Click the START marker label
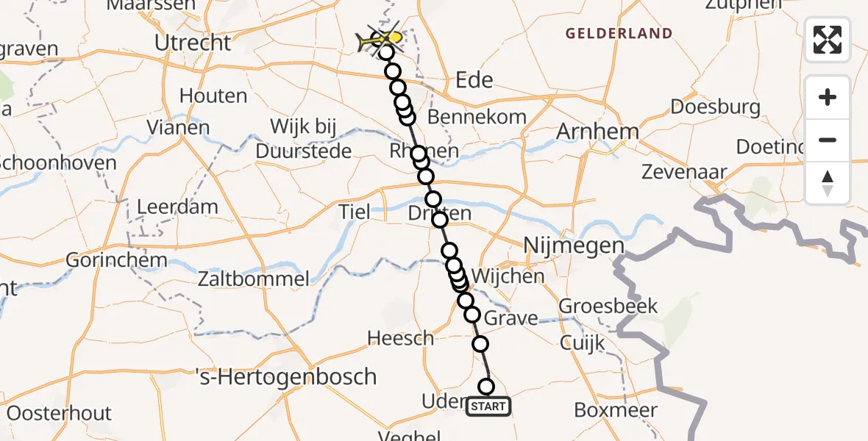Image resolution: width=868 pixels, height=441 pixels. pyautogui.click(x=488, y=406)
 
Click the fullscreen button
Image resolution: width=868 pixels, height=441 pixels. pyautogui.click(x=828, y=40)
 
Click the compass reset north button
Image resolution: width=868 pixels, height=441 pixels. pyautogui.click(x=828, y=183)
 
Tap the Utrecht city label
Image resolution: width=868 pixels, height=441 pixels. pyautogui.click(x=193, y=43)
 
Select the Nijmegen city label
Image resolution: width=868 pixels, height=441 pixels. pyautogui.click(x=574, y=245)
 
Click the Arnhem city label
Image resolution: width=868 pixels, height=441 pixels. pyautogui.click(x=597, y=132)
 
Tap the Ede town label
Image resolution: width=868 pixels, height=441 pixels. pyautogui.click(x=474, y=79)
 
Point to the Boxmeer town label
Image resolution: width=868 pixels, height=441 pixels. pyautogui.click(x=616, y=410)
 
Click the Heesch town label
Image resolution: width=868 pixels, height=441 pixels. pyautogui.click(x=401, y=338)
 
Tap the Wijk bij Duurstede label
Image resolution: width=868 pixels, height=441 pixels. pyautogui.click(x=303, y=138)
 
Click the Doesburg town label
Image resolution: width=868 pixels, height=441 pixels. pyautogui.click(x=716, y=107)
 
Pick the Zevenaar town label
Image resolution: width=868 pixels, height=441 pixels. pyautogui.click(x=684, y=173)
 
